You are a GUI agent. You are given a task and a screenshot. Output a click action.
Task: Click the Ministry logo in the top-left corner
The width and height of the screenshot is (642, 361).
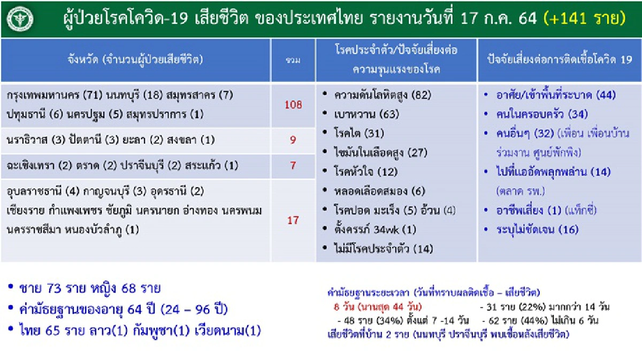19,19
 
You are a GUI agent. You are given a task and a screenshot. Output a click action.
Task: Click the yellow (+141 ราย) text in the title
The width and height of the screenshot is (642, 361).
584,19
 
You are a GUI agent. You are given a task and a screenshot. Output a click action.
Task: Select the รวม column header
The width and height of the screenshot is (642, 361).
293,60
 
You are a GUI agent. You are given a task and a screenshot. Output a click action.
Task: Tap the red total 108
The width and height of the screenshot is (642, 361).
293,105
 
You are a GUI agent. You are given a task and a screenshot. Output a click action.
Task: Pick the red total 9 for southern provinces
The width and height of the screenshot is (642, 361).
293,140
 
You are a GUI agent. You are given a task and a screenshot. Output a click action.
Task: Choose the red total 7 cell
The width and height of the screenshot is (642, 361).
293,165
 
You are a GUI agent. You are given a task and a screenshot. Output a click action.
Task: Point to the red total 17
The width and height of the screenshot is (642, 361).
293,220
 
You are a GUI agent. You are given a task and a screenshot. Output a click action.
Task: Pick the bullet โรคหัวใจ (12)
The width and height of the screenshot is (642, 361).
364,172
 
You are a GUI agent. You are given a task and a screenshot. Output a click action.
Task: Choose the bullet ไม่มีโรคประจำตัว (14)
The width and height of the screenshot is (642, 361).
383,249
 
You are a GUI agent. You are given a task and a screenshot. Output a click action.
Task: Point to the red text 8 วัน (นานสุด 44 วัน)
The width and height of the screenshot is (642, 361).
378,307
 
